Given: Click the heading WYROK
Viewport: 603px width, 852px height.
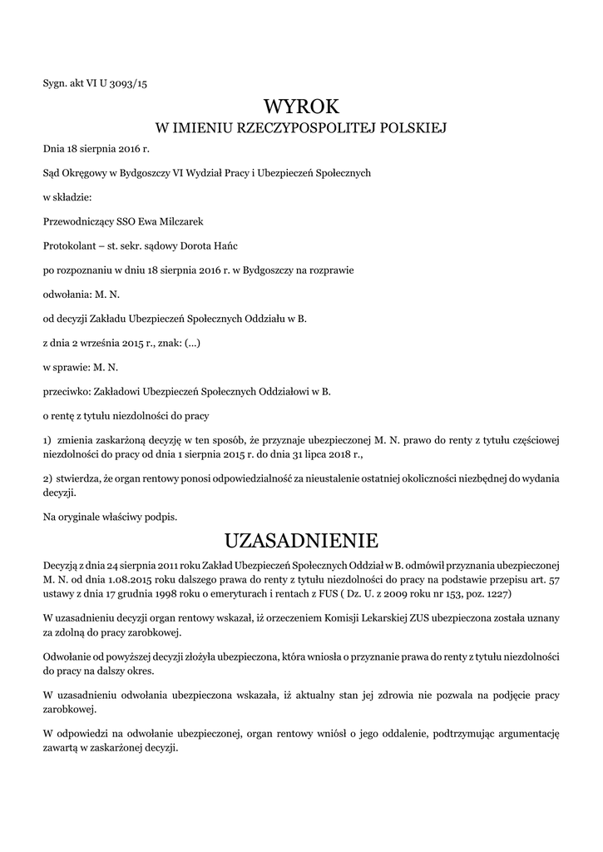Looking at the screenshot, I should tap(302, 106).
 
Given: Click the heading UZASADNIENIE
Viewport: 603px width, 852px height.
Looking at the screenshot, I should tap(302, 541).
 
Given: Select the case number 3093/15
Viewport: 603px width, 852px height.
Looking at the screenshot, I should tap(131, 82).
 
